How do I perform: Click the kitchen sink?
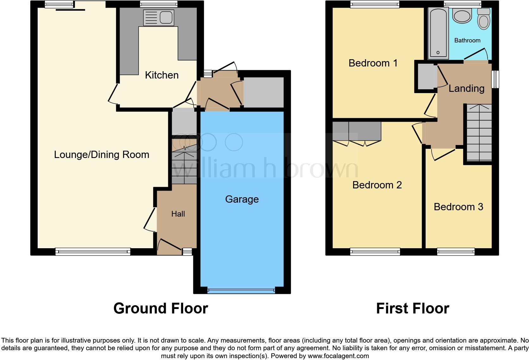point(159,17)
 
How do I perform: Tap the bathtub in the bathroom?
point(439,33)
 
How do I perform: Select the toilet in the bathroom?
point(483,19)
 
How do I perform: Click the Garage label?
point(242,199)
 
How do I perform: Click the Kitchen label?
point(162,75)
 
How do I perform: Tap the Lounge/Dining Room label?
point(102,155)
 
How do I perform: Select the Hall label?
point(178,214)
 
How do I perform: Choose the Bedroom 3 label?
point(458,207)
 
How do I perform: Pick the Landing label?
point(466,88)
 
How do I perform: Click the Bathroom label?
point(467,40)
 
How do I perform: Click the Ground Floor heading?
point(160,308)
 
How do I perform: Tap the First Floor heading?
point(412,308)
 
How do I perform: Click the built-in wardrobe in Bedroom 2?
point(357,131)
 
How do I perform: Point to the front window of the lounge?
point(93,252)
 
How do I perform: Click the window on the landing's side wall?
point(495,79)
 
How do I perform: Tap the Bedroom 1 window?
point(375,4)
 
